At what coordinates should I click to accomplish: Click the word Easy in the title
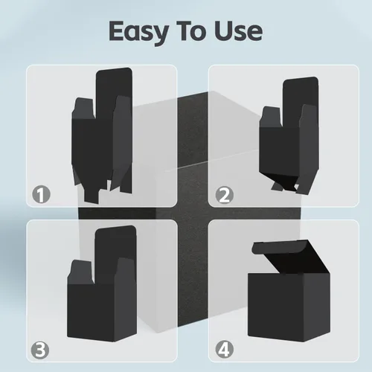(x=139, y=32)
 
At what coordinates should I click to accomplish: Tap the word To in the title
(x=191, y=31)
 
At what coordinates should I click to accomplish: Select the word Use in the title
(x=238, y=31)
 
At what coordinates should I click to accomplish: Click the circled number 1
(x=41, y=194)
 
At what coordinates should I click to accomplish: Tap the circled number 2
(x=225, y=195)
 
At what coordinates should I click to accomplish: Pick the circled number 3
(x=40, y=350)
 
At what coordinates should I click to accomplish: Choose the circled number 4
(x=225, y=350)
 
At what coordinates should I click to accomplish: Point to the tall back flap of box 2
(x=300, y=99)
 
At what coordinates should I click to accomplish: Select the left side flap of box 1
(x=83, y=109)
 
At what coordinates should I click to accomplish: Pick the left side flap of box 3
(x=80, y=272)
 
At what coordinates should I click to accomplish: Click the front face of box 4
(x=276, y=307)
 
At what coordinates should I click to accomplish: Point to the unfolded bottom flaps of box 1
(x=102, y=184)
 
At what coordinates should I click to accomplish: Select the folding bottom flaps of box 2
(x=288, y=182)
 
